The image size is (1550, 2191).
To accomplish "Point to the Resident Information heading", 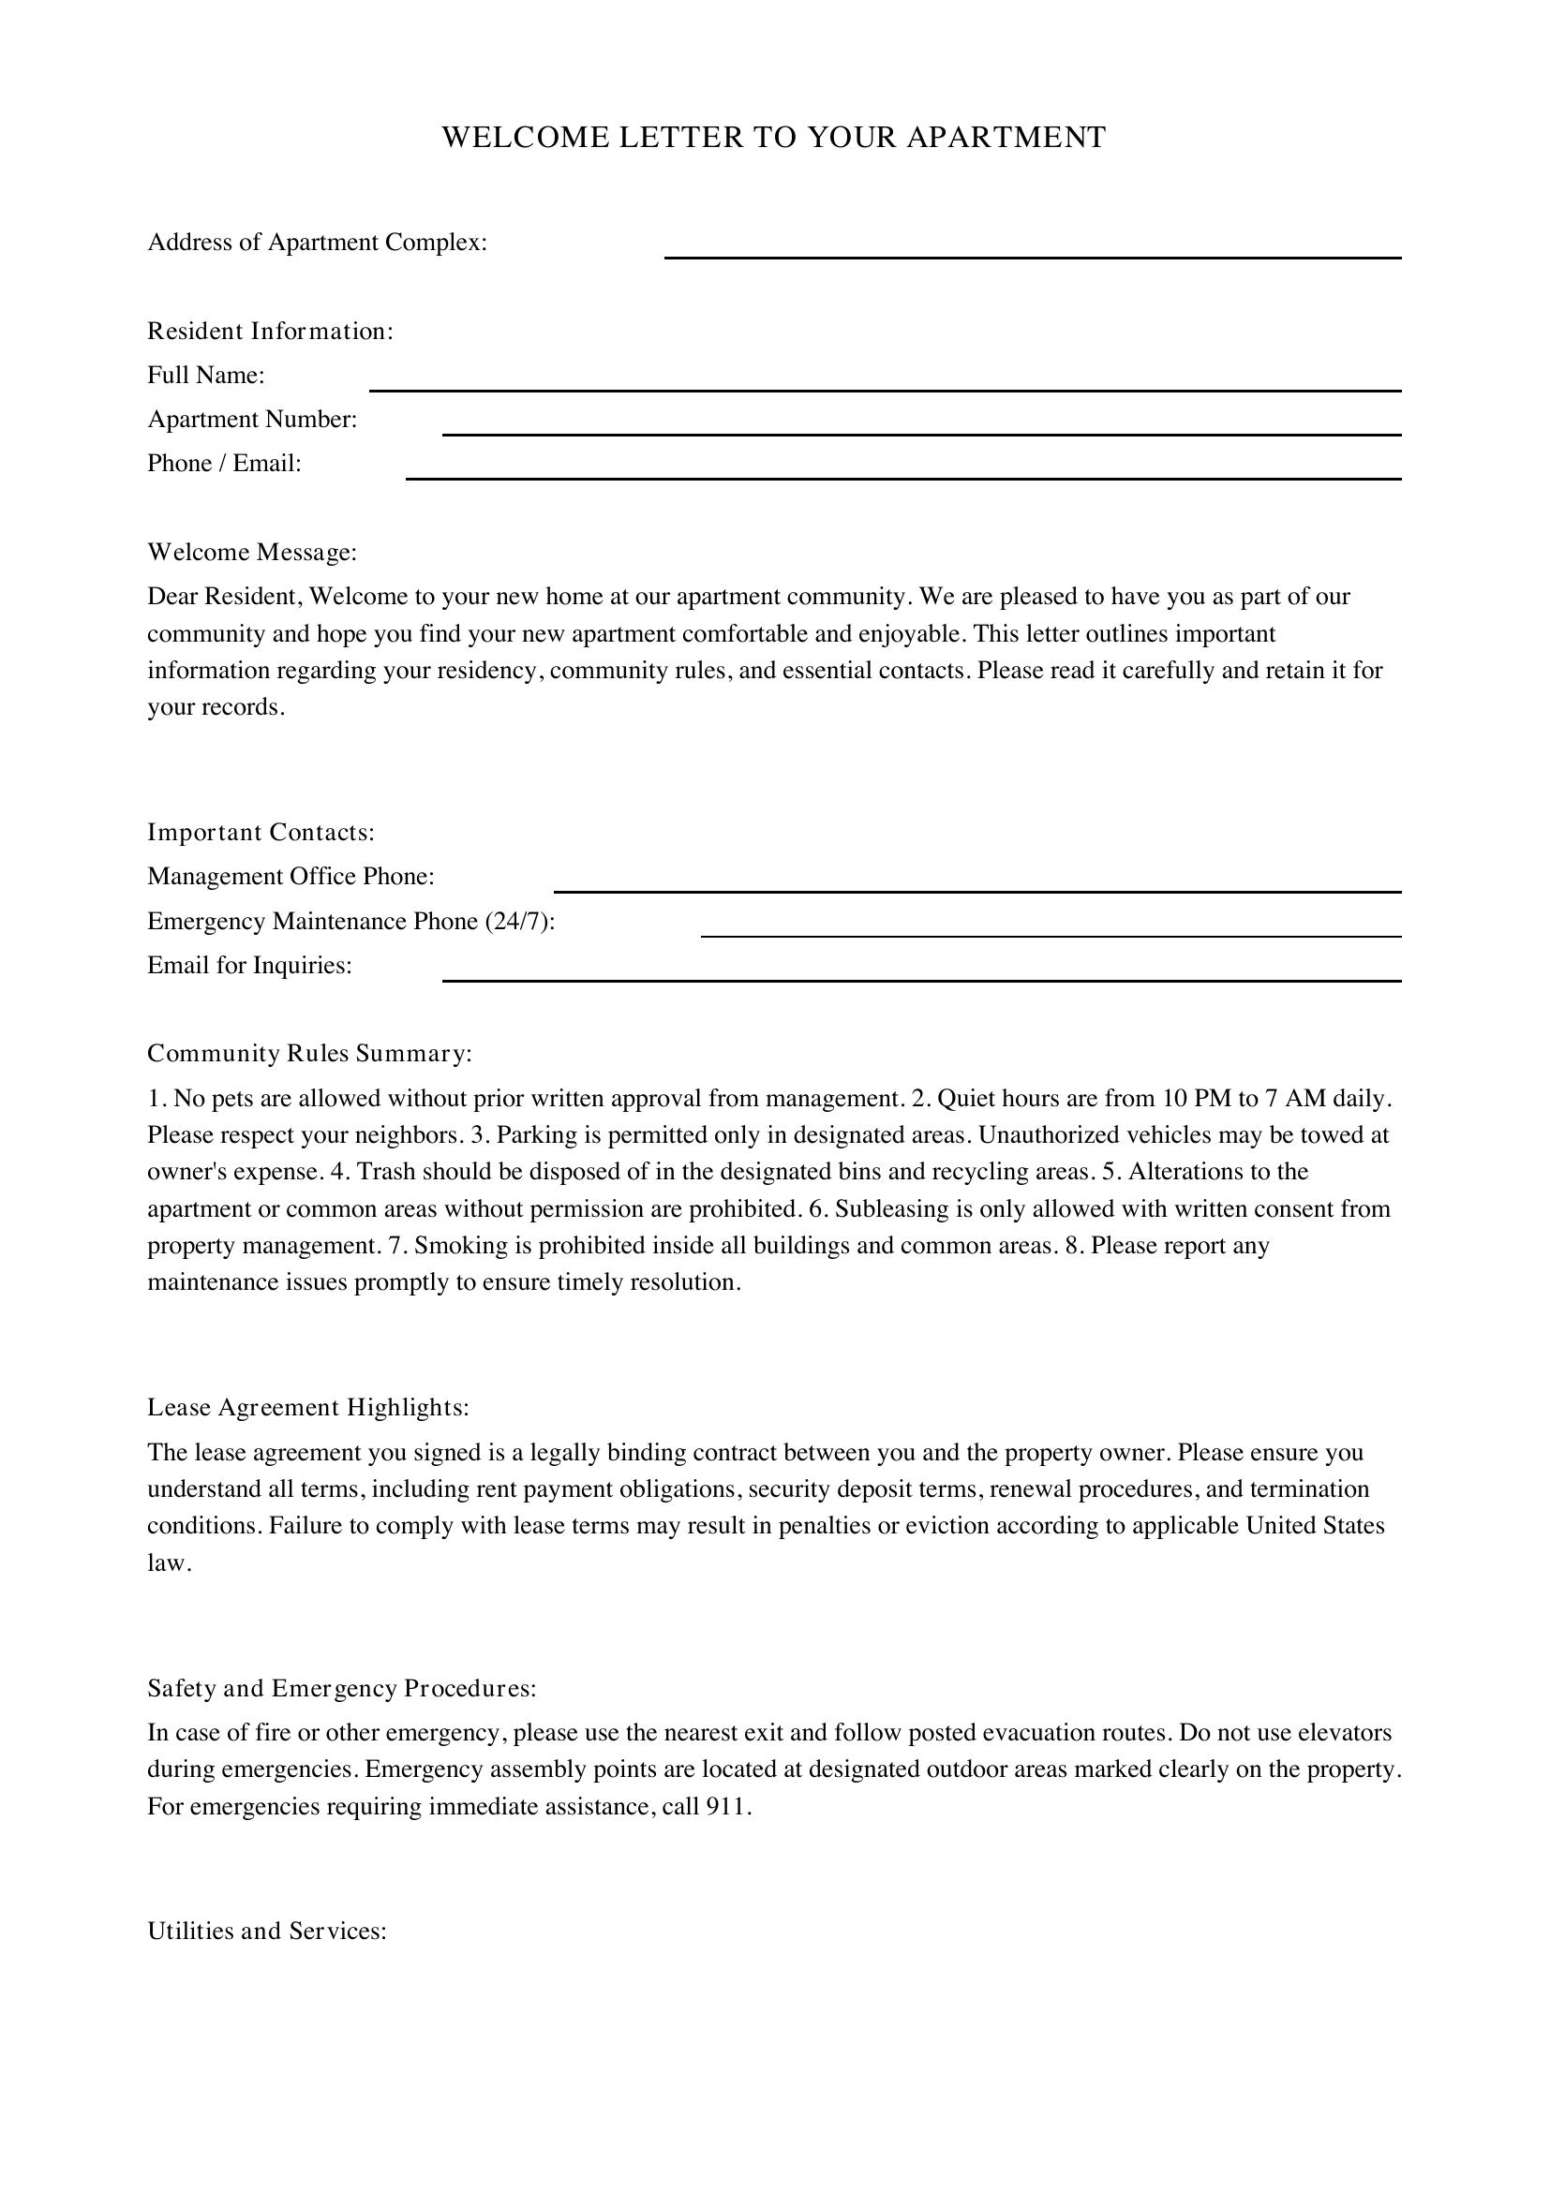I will (270, 331).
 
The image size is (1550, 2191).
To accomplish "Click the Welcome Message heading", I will (252, 553).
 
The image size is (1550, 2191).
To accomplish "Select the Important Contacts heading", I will (261, 832).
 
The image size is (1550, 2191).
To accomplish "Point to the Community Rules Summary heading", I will (309, 1054).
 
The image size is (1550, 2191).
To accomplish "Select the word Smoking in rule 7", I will (455, 1245).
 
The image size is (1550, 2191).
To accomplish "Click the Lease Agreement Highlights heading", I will (308, 1408).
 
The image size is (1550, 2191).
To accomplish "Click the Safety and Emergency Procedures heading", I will (342, 1688).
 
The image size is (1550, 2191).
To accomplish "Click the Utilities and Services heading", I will (266, 1931).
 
